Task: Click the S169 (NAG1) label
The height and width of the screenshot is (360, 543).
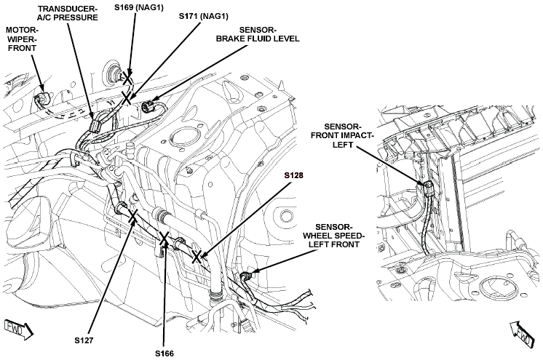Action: tap(138, 7)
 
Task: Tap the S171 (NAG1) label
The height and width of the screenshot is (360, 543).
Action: tap(204, 16)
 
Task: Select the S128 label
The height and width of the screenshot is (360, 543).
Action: tap(293, 175)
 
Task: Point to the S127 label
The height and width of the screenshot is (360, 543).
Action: tap(84, 340)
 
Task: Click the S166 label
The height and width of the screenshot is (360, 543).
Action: tap(165, 353)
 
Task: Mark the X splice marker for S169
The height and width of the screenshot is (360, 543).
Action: tap(127, 79)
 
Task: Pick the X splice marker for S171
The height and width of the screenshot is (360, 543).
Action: tap(127, 97)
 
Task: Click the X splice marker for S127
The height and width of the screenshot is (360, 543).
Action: tap(133, 217)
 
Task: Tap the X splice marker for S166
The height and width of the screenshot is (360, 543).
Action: tap(164, 238)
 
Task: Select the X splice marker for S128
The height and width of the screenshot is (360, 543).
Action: tap(197, 257)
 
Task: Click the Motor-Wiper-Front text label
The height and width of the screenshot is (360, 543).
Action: tap(22, 39)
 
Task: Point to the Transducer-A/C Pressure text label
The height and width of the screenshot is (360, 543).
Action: tap(68, 13)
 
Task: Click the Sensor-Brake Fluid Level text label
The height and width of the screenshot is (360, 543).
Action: tap(258, 34)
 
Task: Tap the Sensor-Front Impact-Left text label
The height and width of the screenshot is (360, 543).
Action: tap(342, 135)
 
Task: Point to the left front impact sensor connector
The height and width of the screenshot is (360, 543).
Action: tap(429, 188)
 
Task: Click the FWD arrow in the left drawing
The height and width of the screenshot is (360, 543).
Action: tap(19, 329)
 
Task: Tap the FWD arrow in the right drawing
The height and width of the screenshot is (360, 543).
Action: tap(522, 333)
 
